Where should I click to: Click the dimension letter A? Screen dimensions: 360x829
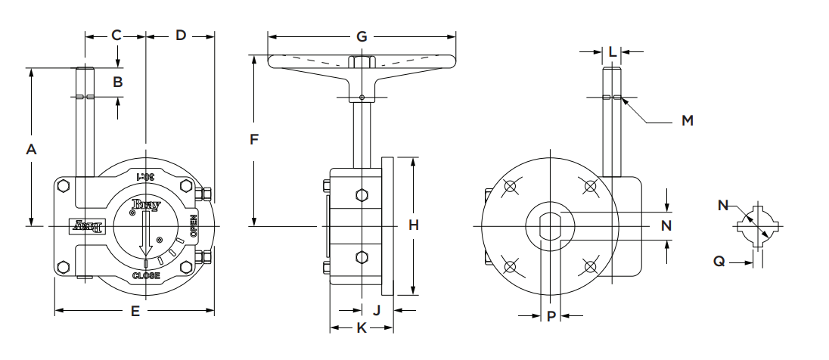(x=31, y=150)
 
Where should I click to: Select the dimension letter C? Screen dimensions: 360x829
(x=116, y=35)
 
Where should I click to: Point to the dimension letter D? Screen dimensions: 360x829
(x=181, y=35)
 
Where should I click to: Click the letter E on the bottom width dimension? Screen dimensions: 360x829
(x=135, y=311)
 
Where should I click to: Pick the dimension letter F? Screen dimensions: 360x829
(x=254, y=139)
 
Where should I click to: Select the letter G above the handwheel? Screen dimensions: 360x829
(x=362, y=36)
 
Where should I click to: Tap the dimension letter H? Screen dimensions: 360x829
(x=413, y=225)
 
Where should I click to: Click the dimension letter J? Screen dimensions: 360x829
(x=377, y=310)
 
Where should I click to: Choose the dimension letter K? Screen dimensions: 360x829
(x=361, y=327)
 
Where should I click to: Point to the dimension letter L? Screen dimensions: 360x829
(x=612, y=51)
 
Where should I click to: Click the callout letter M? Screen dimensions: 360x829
(x=687, y=120)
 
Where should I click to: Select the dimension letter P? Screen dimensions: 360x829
(x=551, y=315)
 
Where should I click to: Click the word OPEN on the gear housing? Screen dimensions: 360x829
(x=194, y=226)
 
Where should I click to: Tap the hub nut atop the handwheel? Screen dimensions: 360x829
(x=362, y=61)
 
